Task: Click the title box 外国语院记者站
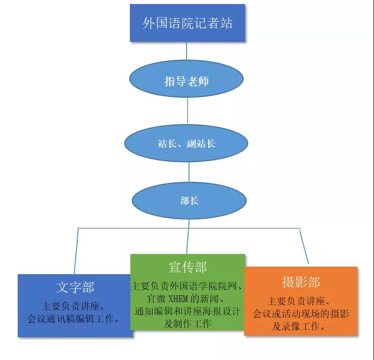pyautogui.click(x=188, y=23)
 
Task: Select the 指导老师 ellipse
pyautogui.click(x=186, y=81)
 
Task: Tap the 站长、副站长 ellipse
pyautogui.click(x=186, y=143)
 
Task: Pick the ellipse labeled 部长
pyautogui.click(x=190, y=200)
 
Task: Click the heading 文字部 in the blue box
pyautogui.click(x=75, y=288)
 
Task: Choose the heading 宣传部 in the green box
pyautogui.click(x=188, y=267)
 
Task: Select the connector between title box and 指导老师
pyautogui.click(x=186, y=52)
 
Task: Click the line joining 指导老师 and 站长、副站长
pyautogui.click(x=188, y=111)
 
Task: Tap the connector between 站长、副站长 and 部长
pyautogui.click(x=189, y=171)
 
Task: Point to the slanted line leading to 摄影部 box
pyautogui.click(x=304, y=247)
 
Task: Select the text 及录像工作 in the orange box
pyautogui.click(x=299, y=326)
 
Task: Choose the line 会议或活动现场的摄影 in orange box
pyautogui.click(x=301, y=314)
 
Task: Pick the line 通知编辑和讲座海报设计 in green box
pyautogui.click(x=188, y=311)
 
